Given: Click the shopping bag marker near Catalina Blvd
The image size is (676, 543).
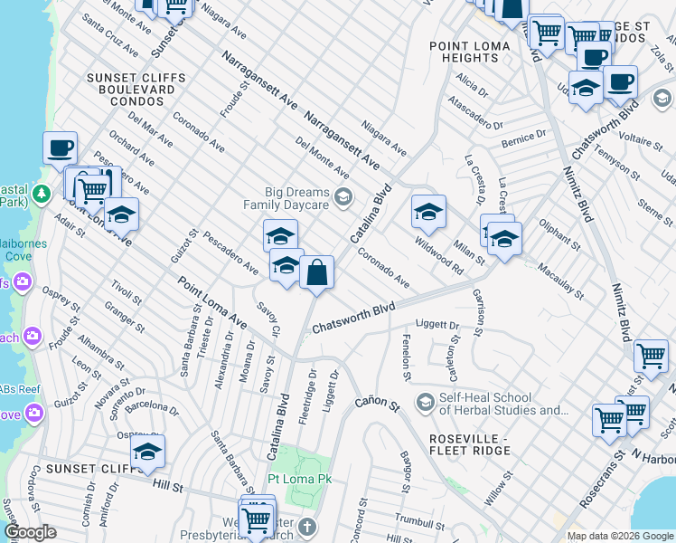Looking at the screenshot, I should [x=317, y=272].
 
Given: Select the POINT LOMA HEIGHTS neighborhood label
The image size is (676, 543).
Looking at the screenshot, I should [x=463, y=52].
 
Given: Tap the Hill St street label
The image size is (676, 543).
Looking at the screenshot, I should [x=168, y=486].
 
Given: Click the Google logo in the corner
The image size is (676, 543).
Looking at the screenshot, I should [x=30, y=532].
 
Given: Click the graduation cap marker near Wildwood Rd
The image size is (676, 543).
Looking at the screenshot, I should [x=428, y=213].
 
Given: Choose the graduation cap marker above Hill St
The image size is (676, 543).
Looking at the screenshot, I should [x=148, y=452].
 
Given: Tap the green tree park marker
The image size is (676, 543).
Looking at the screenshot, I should [x=41, y=194].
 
